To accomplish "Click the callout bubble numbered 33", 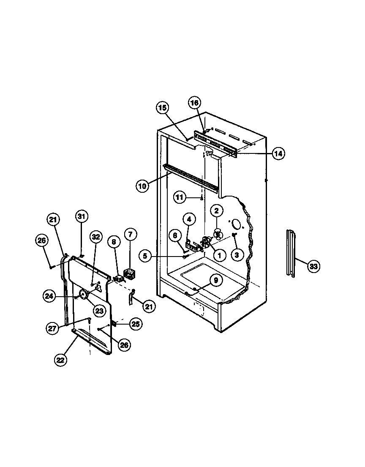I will pos(313,266).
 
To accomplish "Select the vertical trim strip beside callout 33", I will pos(290,254).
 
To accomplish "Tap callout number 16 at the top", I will pos(195,103).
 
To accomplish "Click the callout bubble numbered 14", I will pos(278,153).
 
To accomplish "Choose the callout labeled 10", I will pos(143,185).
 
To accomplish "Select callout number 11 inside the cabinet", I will pos(180,197).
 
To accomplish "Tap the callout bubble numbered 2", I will pos(216,210).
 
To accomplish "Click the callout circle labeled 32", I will pos(95,237).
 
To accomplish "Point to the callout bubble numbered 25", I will pos(136,324).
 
